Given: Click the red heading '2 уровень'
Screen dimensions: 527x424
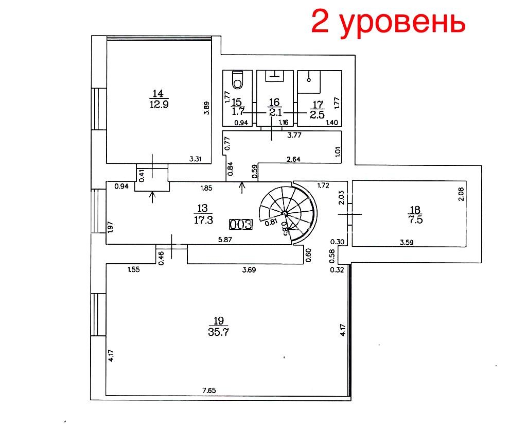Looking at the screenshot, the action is [388, 22].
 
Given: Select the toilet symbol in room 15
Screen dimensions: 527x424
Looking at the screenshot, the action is [238, 79].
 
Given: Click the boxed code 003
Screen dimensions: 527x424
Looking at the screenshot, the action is [241, 224].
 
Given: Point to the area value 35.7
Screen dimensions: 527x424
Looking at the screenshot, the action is [218, 332].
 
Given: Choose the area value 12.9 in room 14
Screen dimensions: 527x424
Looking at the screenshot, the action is [159, 104].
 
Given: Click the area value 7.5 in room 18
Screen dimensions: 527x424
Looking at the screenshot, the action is [415, 220].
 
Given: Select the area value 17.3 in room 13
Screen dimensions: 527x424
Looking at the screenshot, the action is [203, 220].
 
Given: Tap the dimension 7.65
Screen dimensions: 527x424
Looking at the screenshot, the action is [209, 391].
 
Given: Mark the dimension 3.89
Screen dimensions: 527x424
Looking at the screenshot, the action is [207, 108].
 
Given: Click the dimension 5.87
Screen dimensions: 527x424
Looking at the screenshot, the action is [225, 240].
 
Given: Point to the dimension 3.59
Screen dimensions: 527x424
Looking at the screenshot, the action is [407, 242].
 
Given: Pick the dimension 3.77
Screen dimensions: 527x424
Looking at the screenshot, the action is [294, 135].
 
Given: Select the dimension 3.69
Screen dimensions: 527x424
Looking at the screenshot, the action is [249, 269].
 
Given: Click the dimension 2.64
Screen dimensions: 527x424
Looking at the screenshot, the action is [293, 159].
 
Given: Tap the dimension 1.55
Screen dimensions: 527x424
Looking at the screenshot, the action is [133, 269].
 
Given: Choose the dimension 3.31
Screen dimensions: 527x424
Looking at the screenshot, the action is [195, 159].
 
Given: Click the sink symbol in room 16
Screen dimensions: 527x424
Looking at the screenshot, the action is [275, 76].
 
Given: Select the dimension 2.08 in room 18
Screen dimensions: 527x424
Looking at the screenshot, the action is [461, 194].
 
